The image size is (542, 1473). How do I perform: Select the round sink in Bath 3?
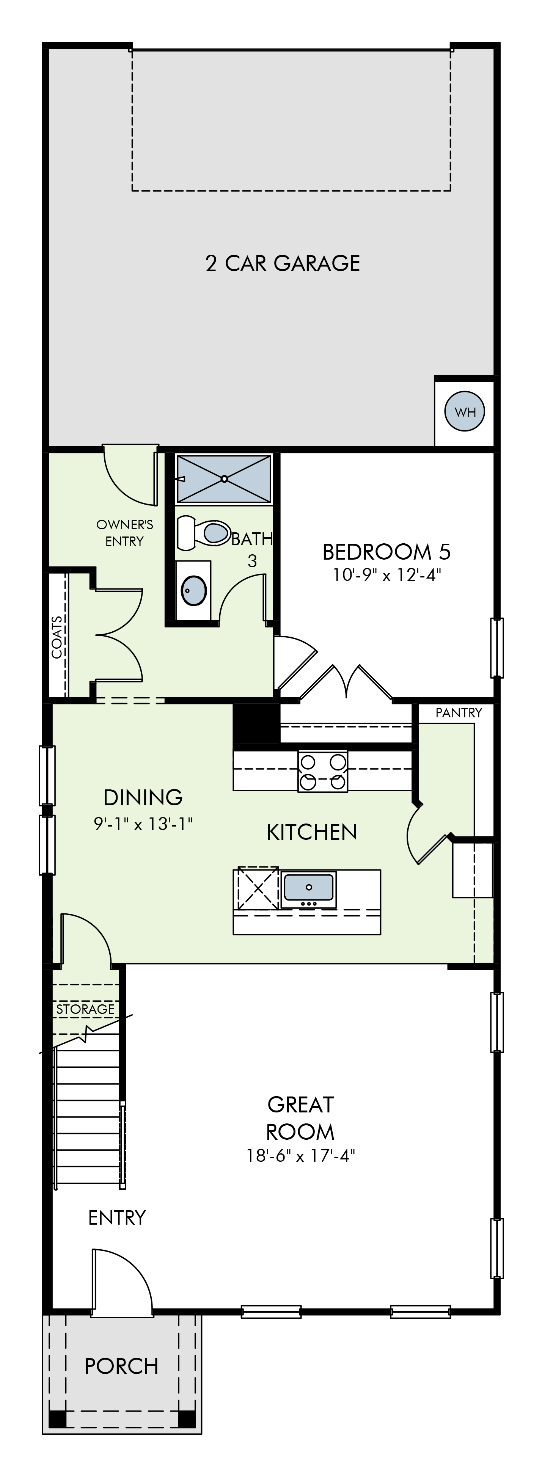(194, 590)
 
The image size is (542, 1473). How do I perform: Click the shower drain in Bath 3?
(225, 478)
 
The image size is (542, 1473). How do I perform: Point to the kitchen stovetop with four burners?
(322, 771)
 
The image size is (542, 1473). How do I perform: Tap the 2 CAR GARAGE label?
(283, 263)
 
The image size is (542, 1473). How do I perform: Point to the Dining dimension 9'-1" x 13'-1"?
(143, 824)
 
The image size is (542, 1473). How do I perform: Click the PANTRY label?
(459, 712)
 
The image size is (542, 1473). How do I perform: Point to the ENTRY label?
(117, 1218)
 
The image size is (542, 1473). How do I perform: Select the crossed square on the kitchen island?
(258, 888)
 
